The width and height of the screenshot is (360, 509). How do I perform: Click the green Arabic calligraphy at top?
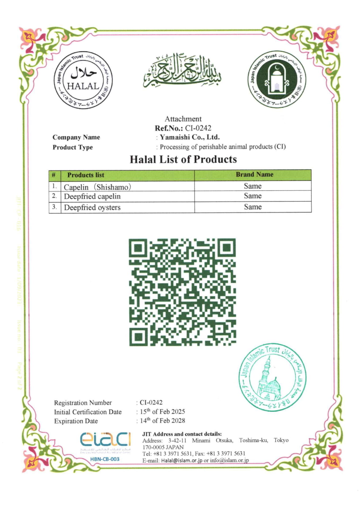coord(183,71)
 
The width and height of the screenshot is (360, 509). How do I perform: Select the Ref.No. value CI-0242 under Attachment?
coord(198,128)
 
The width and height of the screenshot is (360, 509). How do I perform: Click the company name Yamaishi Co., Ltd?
coord(190,137)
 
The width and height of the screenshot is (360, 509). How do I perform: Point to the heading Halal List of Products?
coord(183,159)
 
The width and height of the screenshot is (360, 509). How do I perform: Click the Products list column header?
coord(86,175)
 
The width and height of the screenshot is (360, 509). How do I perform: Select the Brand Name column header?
coord(254,174)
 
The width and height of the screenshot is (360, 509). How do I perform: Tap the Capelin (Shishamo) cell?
coord(97,187)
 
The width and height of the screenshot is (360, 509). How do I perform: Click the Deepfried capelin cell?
coord(92,196)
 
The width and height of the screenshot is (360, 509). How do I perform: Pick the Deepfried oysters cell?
coord(92,207)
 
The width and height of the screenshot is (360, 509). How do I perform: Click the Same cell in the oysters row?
coord(253,207)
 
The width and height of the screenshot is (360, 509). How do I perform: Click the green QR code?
coord(182,292)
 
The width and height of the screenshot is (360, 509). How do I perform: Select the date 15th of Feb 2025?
coord(162,412)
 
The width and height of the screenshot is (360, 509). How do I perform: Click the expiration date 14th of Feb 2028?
coord(162,421)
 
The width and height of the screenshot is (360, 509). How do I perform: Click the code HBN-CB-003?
coord(105,459)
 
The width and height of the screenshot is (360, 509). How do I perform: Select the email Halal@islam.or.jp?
coord(181,460)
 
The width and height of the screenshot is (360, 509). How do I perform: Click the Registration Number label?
coord(83,403)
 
